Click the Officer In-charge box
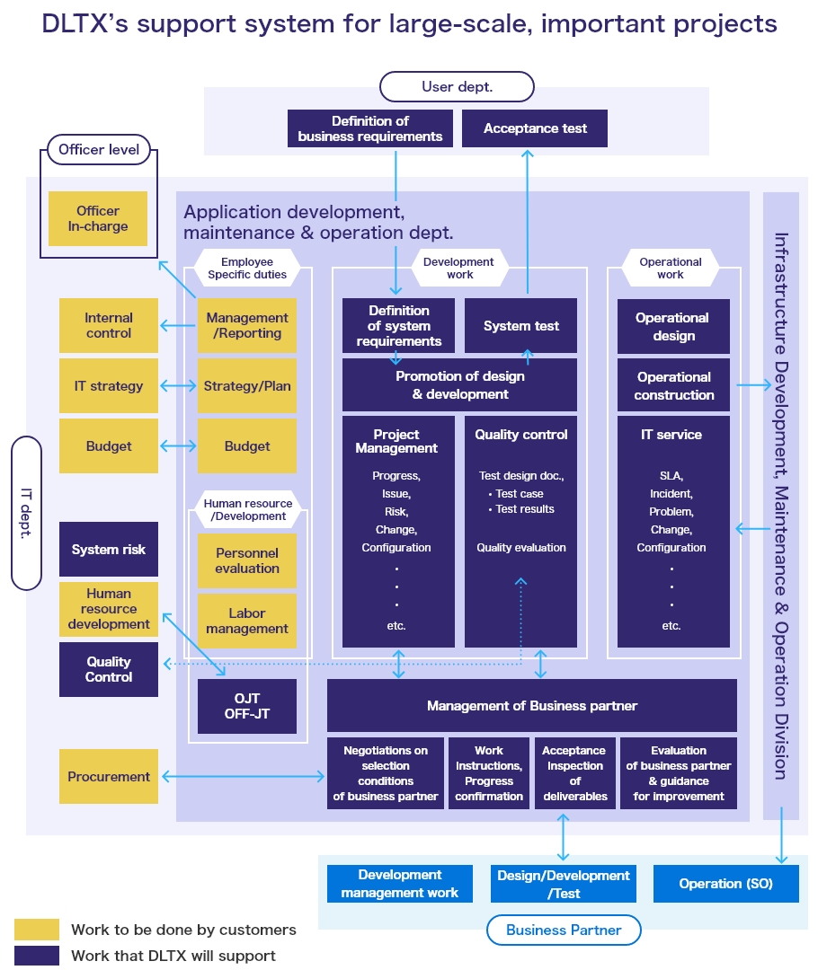[x=98, y=218]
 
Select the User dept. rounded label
[x=457, y=87]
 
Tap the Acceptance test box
[x=535, y=128]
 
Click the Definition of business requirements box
[x=370, y=128]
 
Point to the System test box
[x=520, y=326]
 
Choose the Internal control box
[x=109, y=325]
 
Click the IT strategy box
[x=109, y=386]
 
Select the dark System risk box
[x=109, y=549]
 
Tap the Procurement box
[x=109, y=776]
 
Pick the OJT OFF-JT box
[x=247, y=706]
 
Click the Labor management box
[x=247, y=621]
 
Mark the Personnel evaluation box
[x=247, y=560]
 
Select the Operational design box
[x=672, y=326]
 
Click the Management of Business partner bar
[x=531, y=705]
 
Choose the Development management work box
[x=400, y=883]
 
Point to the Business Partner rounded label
[x=564, y=930]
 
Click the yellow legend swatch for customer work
[x=37, y=930]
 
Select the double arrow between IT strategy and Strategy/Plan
[x=178, y=386]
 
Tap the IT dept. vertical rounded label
[x=27, y=513]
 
